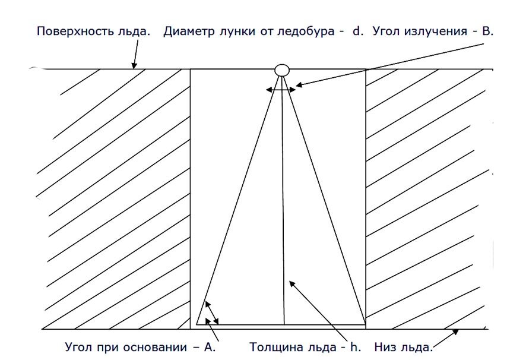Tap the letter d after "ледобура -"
[x=357, y=31]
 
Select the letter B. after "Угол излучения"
[x=488, y=31]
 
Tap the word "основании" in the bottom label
[x=169, y=346]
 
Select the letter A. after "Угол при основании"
[x=210, y=346]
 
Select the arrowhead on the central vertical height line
[x=289, y=281]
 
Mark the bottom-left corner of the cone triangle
[x=197, y=324]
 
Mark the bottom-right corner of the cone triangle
[x=365, y=324]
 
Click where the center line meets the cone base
[x=284, y=324]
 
